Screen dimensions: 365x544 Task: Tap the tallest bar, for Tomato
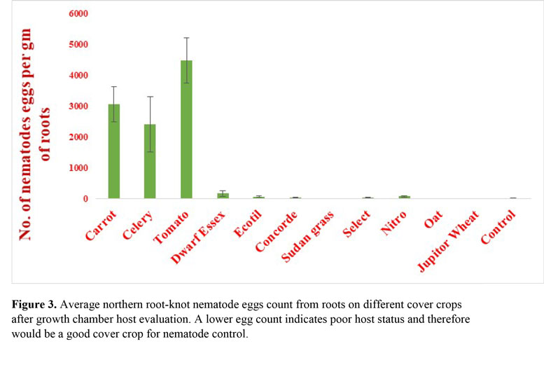click(x=186, y=130)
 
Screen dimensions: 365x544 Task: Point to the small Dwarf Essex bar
click(x=223, y=195)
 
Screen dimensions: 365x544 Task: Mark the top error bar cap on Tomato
click(x=186, y=38)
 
